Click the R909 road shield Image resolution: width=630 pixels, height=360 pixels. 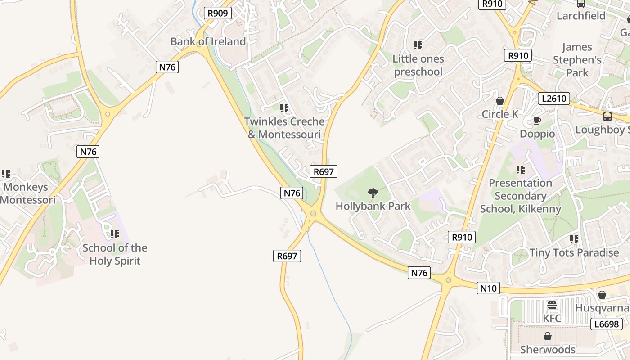(x=218, y=13)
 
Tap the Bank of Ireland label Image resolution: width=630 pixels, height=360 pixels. (x=208, y=41)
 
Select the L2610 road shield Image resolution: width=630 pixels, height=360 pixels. (x=554, y=98)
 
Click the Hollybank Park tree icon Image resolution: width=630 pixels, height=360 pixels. (x=373, y=193)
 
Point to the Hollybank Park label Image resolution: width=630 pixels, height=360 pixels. (x=373, y=206)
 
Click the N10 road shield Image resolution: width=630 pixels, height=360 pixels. (x=488, y=288)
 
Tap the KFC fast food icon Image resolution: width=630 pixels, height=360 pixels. (x=552, y=305)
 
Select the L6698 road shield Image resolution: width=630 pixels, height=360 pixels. (x=606, y=324)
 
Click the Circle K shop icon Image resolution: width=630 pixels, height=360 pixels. (x=499, y=101)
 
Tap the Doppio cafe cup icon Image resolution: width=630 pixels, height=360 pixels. (x=537, y=121)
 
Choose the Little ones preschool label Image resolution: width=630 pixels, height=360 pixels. (x=418, y=65)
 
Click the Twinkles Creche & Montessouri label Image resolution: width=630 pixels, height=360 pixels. (x=284, y=128)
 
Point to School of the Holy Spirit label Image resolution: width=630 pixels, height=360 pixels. (x=115, y=254)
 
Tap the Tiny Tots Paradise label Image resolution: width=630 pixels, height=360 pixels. (x=574, y=252)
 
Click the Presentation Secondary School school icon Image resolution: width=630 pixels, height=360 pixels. (x=521, y=170)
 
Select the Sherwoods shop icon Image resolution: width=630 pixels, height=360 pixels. (x=548, y=336)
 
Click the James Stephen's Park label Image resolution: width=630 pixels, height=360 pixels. (x=577, y=59)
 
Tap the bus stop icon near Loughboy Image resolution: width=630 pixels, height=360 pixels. (x=607, y=117)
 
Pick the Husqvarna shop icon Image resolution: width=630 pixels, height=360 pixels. (x=602, y=295)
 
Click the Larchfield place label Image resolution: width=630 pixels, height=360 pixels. (x=581, y=16)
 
